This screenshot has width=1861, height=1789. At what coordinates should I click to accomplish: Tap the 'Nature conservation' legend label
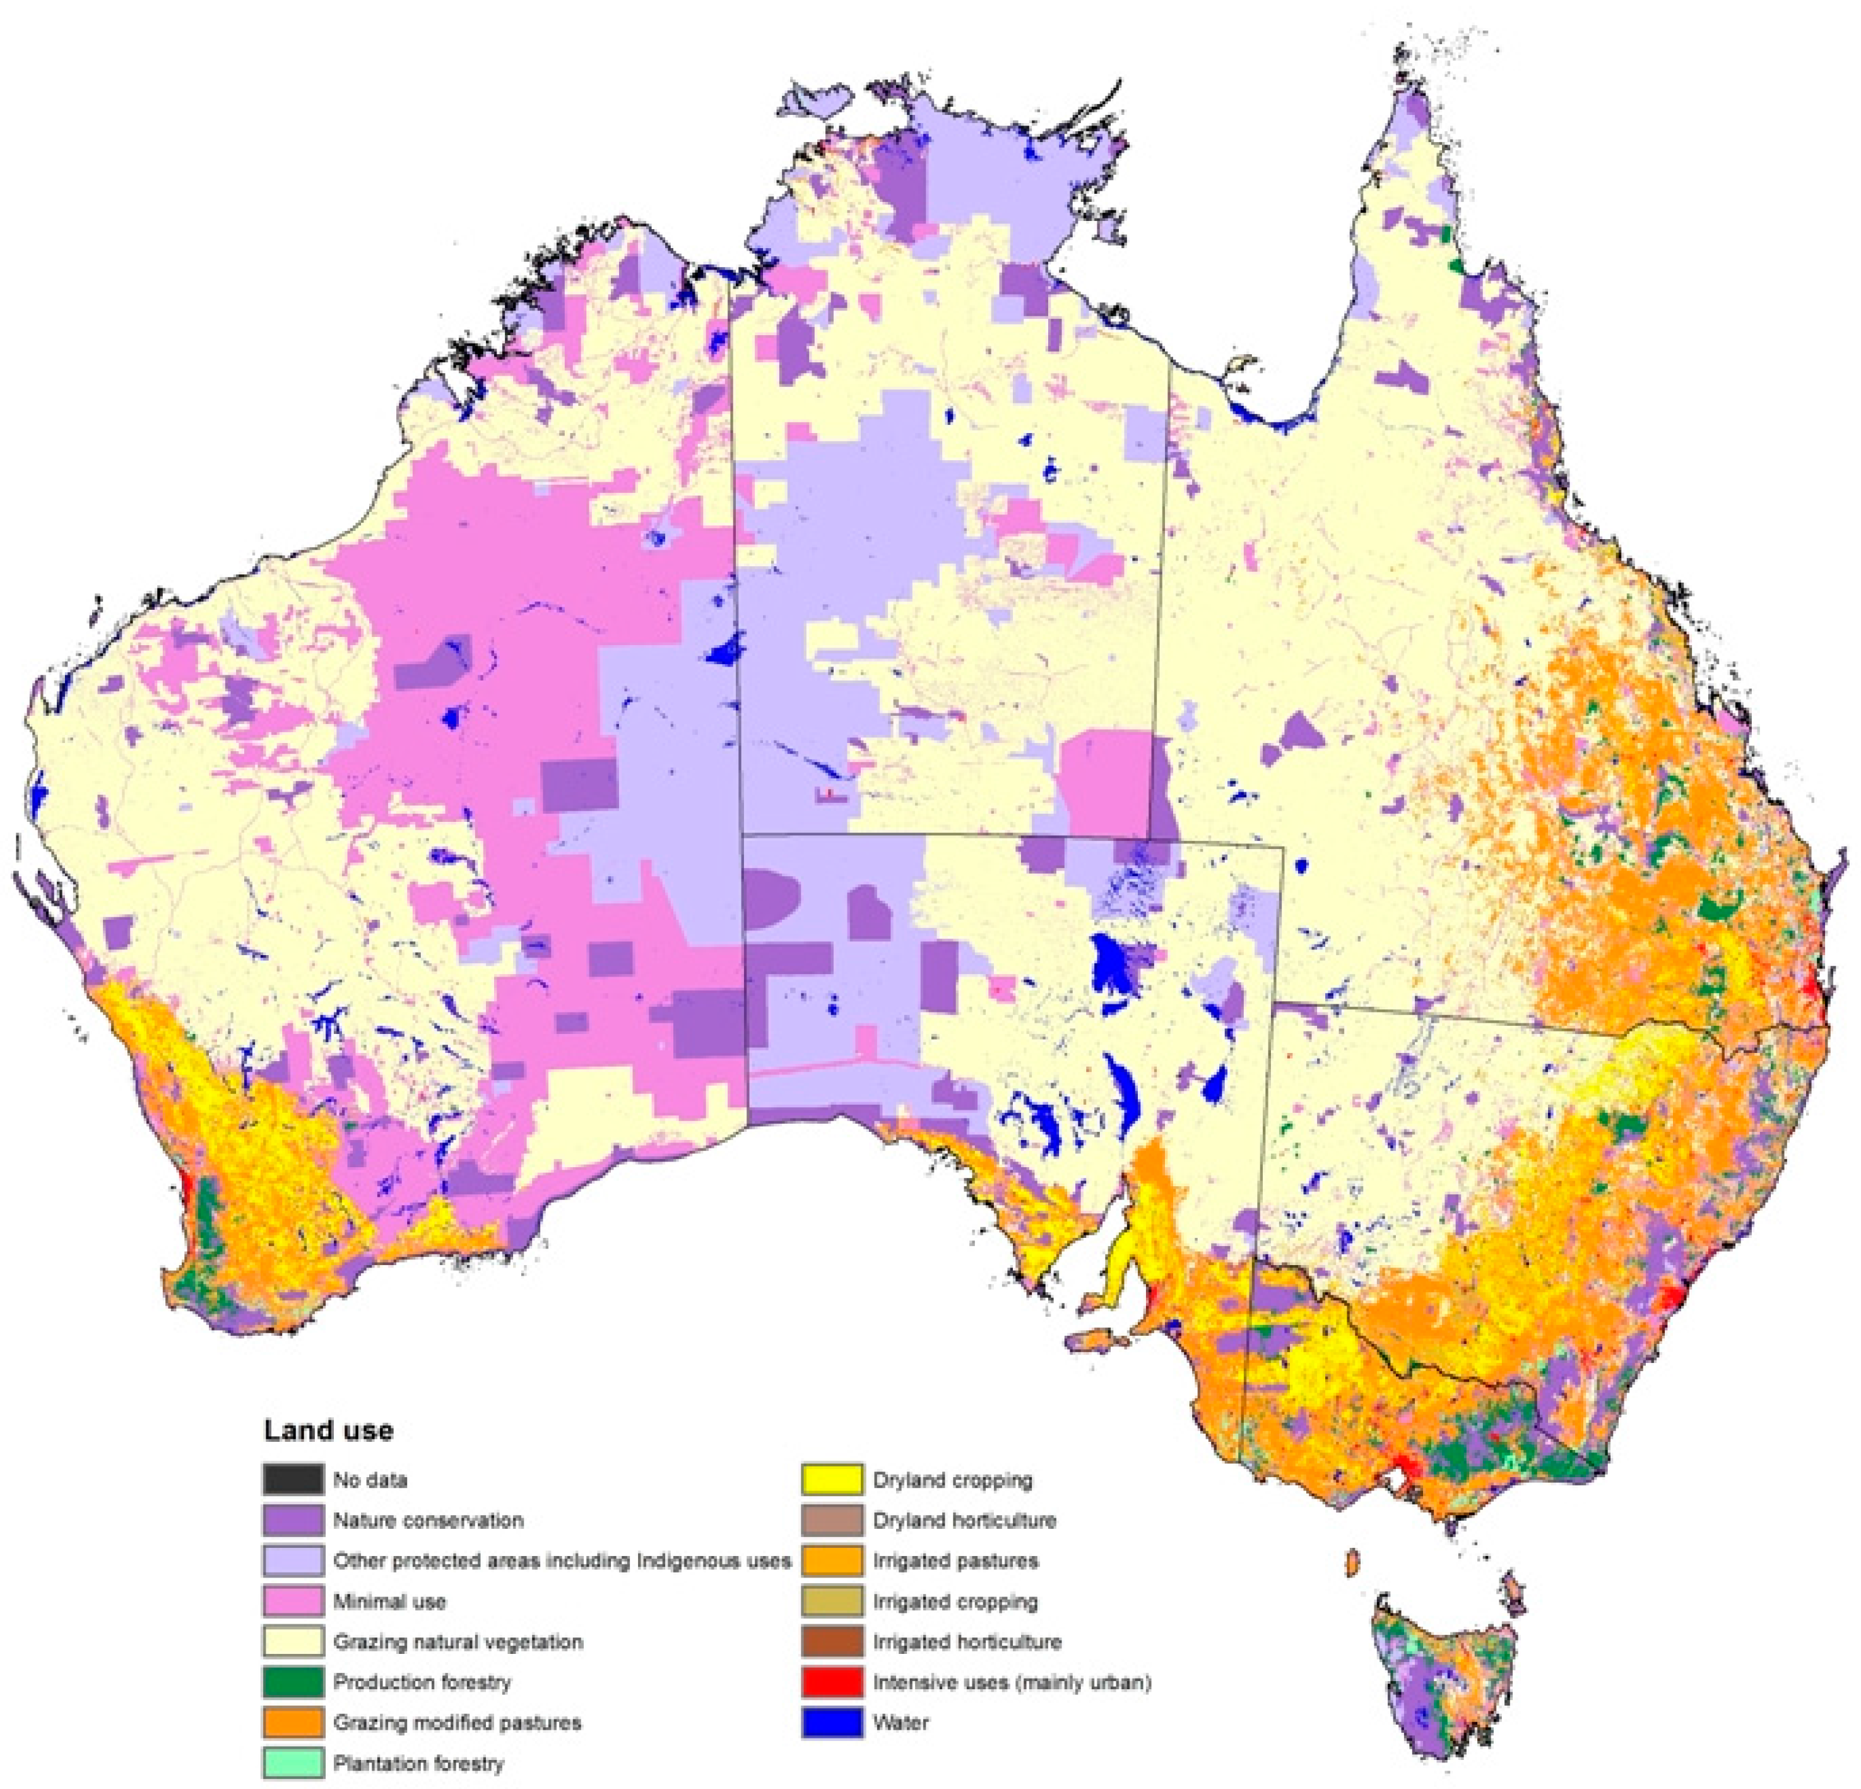tap(427, 1520)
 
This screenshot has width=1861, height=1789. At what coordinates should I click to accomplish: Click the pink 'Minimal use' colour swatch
tap(292, 1602)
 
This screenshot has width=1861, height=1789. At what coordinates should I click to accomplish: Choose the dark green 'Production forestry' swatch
tap(292, 1682)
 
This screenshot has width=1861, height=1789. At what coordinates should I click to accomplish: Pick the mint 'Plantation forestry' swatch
tap(292, 1763)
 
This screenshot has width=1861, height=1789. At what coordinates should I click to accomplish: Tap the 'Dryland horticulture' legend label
tap(964, 1520)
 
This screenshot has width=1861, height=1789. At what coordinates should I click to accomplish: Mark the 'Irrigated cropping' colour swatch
tap(832, 1602)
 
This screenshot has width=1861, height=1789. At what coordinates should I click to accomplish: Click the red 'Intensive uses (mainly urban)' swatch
tap(832, 1682)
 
